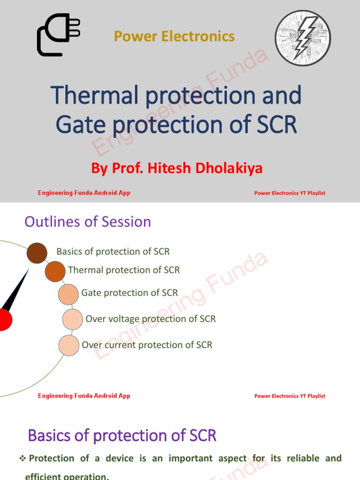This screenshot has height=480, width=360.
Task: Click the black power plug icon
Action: click(58, 36)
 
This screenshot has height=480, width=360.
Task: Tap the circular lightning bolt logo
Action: click(302, 38)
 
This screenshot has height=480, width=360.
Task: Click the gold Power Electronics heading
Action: click(174, 36)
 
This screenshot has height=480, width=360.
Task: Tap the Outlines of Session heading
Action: click(88, 222)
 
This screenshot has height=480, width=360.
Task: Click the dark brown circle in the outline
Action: click(37, 253)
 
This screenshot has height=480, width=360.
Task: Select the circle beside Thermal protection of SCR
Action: click(55, 272)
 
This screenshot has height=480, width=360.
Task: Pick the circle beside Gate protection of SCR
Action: click(68, 294)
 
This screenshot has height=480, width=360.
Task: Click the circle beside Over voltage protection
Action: click(73, 319)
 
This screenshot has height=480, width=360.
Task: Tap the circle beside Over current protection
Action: click(69, 345)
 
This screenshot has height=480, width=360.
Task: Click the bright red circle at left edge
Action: click(4, 320)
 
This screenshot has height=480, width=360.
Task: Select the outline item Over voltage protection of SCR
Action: click(150, 319)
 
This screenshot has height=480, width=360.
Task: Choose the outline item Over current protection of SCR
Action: click(147, 345)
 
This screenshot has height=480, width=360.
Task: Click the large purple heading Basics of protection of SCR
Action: click(122, 435)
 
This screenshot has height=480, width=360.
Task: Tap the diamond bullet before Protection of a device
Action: click(22, 458)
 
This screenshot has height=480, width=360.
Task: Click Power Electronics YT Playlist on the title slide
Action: click(289, 193)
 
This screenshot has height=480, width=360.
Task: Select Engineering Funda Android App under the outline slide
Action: click(84, 396)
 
